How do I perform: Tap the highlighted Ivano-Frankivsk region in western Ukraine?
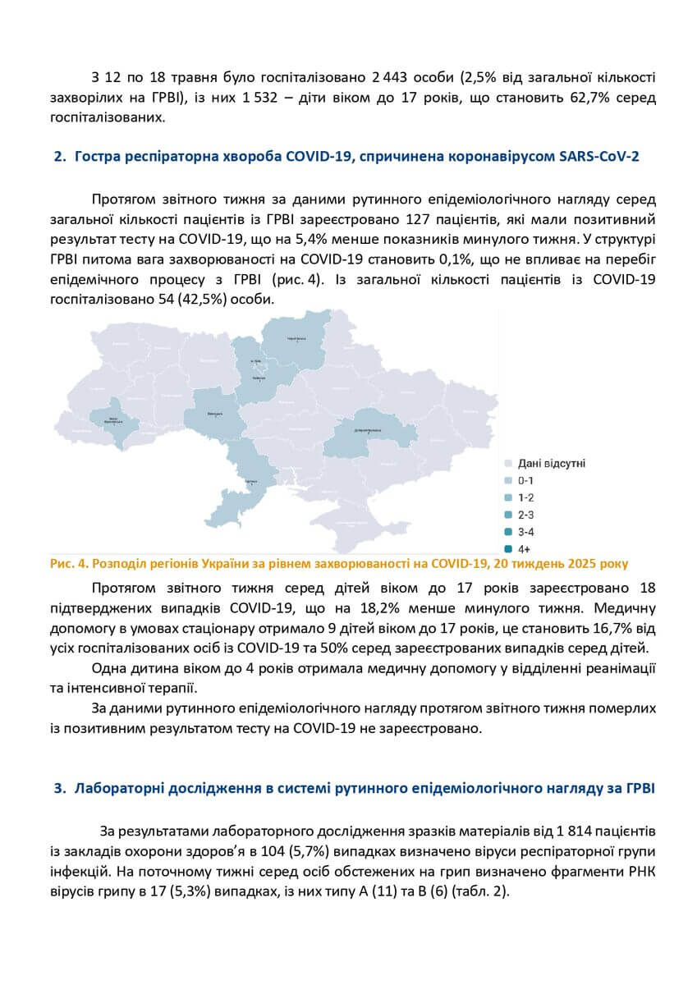(x=112, y=421)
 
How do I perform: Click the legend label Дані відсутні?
(x=551, y=464)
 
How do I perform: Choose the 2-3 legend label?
(x=526, y=515)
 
